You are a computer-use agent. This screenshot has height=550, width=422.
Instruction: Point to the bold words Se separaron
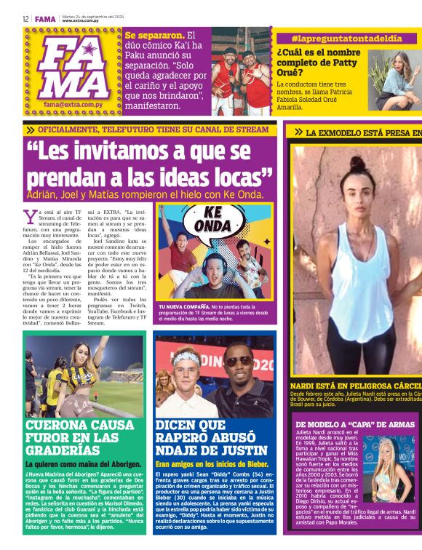154,35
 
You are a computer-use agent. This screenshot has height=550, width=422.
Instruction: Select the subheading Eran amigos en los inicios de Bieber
212,463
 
